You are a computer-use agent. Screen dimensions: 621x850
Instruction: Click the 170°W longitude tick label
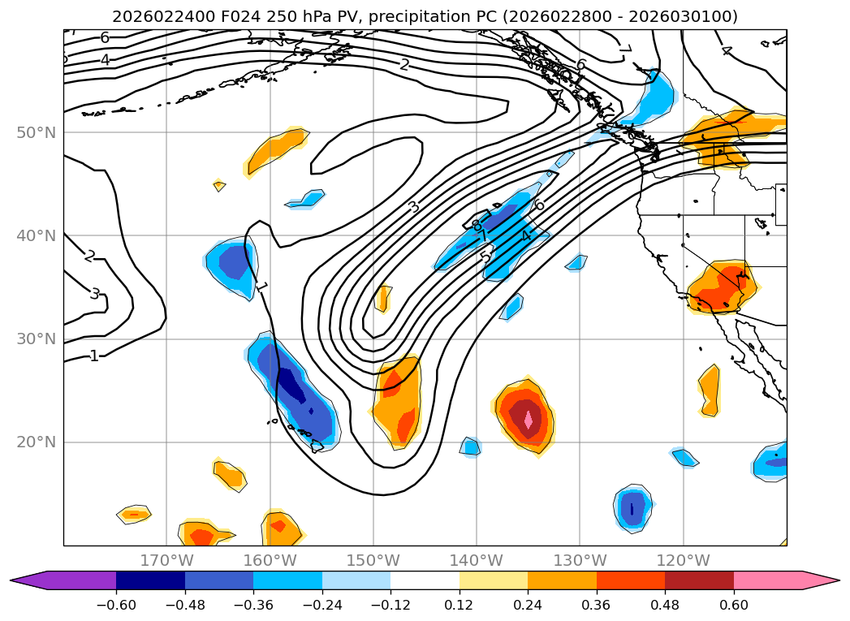pos(167,560)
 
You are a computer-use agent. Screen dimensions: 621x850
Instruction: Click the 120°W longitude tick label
pos(683,560)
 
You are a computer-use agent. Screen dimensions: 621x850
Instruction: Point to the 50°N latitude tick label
pos(37,132)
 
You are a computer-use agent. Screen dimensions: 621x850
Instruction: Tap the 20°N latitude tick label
pos(37,442)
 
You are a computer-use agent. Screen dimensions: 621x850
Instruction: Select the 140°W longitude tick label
pos(477,560)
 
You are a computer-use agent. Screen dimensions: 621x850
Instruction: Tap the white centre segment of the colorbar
pos(425,580)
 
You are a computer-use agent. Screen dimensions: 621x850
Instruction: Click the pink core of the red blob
pos(529,420)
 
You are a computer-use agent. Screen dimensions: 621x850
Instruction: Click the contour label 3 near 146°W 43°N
pos(414,207)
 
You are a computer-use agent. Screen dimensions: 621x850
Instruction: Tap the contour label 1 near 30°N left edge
pos(94,356)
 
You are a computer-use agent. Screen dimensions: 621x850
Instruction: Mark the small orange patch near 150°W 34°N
pos(383,299)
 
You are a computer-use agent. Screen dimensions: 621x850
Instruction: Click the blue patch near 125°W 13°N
pos(632,508)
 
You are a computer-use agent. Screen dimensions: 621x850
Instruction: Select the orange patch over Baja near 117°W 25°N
pos(709,390)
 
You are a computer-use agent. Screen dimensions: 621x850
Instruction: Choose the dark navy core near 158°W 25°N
pos(293,386)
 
